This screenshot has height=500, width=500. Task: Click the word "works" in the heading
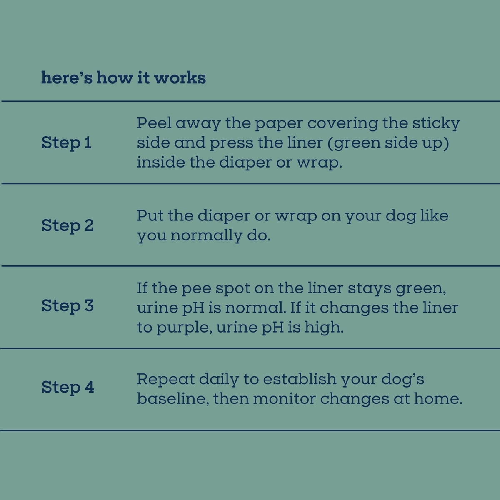(180, 77)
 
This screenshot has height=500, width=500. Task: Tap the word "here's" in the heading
(67, 77)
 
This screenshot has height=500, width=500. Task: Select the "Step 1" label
(66, 143)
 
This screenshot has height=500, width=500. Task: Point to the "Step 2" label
(67, 225)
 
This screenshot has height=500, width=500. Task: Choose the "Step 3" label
(67, 306)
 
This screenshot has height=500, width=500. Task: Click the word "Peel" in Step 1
(154, 122)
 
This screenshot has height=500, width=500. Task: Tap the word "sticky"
(436, 123)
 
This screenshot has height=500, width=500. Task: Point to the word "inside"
(161, 162)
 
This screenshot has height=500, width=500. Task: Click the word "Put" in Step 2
(150, 215)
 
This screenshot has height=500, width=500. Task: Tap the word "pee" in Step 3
(196, 289)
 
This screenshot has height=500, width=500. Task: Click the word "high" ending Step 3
(324, 327)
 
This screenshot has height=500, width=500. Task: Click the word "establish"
(300, 379)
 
